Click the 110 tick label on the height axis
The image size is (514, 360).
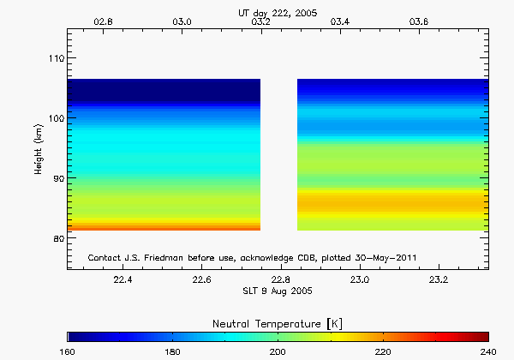(53, 58)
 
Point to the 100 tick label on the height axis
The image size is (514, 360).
(53, 118)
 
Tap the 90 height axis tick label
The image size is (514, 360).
(56, 178)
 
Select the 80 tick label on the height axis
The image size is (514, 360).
(56, 238)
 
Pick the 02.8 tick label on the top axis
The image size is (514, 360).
(103, 21)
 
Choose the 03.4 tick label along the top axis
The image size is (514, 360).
(339, 21)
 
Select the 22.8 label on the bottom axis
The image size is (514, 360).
(281, 279)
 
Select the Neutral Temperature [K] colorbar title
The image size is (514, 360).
(278, 321)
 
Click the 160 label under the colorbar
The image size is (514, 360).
(68, 352)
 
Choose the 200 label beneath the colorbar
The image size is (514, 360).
(278, 352)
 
